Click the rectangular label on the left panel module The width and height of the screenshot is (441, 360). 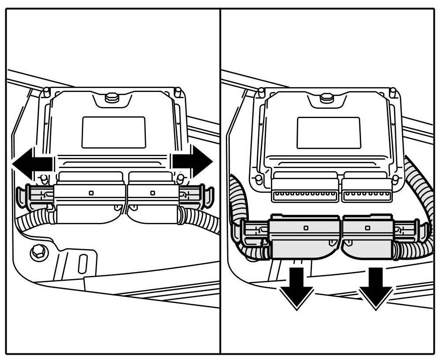[114, 132]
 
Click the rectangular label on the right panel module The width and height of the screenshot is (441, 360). [328, 133]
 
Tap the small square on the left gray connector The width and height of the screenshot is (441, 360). [306, 228]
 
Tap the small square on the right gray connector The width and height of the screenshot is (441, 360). [368, 227]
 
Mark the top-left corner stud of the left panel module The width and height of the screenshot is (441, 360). [46, 92]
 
